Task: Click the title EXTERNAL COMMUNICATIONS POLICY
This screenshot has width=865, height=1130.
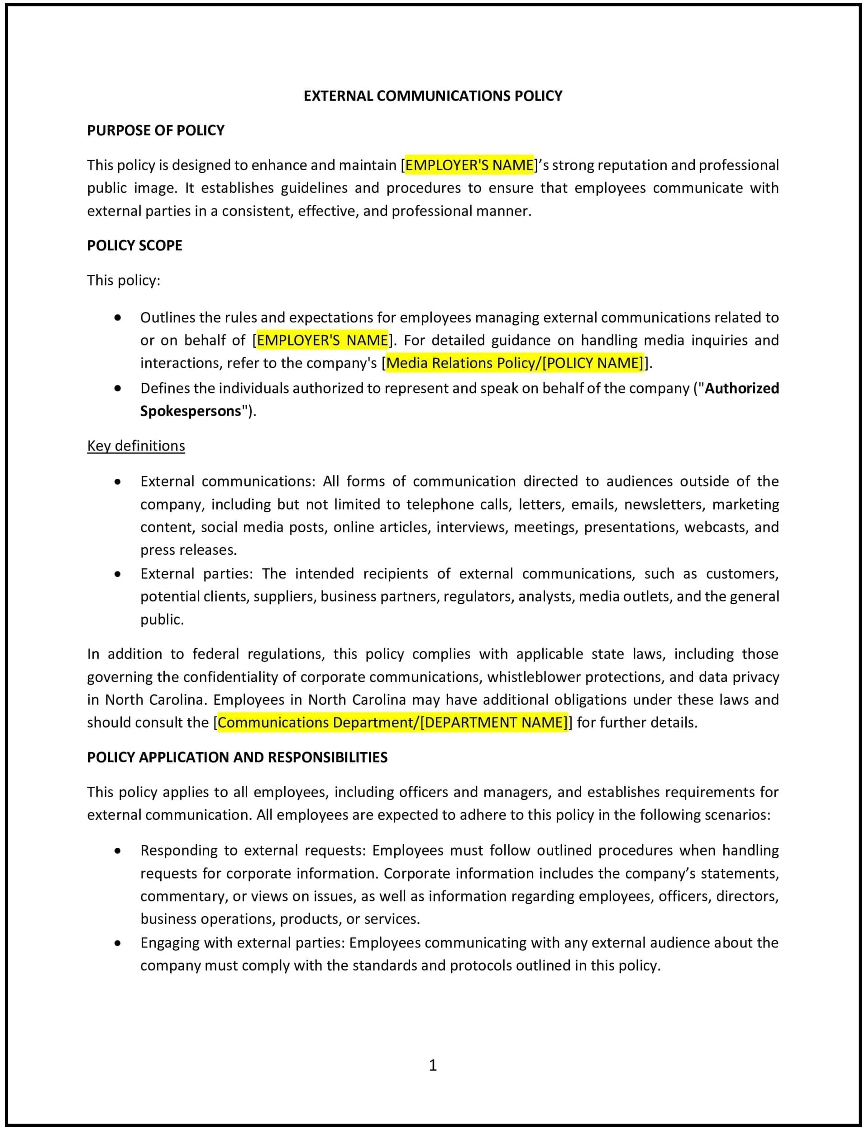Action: pos(433,96)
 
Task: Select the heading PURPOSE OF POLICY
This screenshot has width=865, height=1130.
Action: pos(156,130)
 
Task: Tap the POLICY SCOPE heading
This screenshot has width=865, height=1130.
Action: pos(134,245)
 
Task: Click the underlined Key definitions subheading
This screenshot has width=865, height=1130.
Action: pos(136,446)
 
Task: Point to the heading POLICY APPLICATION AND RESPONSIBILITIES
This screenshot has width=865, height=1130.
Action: pos(237,757)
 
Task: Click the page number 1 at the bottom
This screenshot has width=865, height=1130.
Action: pos(433,1065)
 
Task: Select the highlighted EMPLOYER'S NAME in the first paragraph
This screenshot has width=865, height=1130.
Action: pos(469,165)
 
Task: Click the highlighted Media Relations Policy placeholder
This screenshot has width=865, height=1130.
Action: pos(514,363)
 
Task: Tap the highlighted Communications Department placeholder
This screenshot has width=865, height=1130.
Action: pos(392,722)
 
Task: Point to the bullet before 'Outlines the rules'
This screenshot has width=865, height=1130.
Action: pos(118,318)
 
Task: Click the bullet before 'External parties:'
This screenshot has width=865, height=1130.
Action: pos(118,574)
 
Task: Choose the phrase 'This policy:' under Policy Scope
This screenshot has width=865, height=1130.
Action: pos(124,280)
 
